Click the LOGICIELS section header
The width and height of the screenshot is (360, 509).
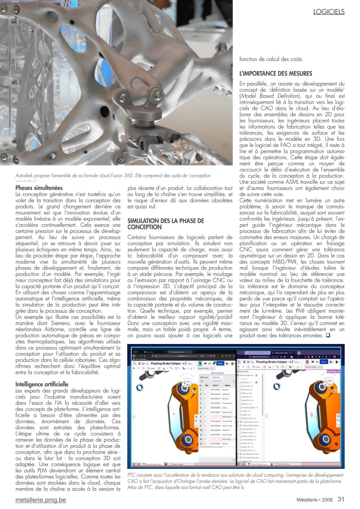pos(329,12)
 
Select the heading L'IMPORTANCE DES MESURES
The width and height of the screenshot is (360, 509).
pos(276,73)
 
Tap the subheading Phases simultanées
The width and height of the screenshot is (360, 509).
pos(39,188)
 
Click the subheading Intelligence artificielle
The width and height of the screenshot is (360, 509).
pos(42,384)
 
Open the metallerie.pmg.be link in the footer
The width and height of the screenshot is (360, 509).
pos(41,500)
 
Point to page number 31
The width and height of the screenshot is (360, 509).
pos(341,499)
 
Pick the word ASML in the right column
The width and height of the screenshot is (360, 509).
pos(292,182)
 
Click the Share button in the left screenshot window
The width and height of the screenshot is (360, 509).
pos(220,363)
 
